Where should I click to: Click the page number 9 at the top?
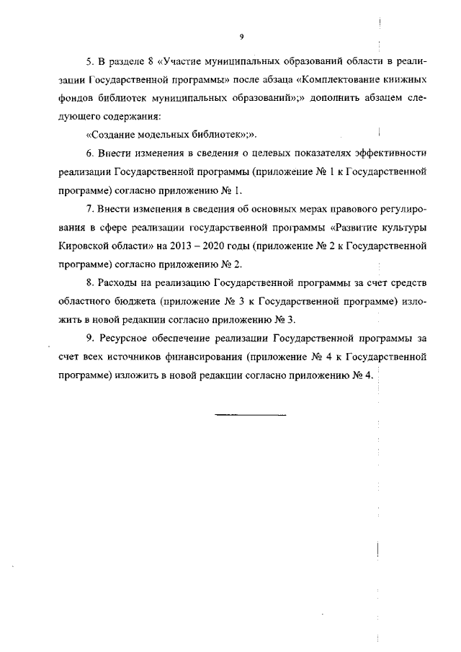(242, 36)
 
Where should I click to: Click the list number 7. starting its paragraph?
(91, 209)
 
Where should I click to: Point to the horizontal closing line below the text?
(251, 415)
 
